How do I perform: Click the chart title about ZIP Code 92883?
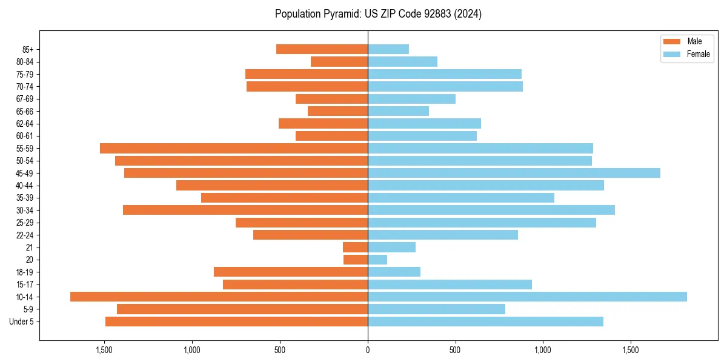378,14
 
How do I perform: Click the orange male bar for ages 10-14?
219,297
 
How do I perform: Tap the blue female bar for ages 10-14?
527,297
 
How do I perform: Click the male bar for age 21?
355,247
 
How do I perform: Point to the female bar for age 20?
377,260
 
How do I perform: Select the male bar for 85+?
322,49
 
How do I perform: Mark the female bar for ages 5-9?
436,309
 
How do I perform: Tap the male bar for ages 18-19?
291,272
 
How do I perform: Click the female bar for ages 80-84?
402,61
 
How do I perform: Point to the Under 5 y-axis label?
22,322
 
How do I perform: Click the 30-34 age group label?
24,210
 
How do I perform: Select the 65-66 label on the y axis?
24,111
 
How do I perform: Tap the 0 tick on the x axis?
368,350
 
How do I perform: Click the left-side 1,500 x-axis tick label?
104,350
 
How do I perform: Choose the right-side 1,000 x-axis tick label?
543,350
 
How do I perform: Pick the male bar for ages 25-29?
302,222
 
